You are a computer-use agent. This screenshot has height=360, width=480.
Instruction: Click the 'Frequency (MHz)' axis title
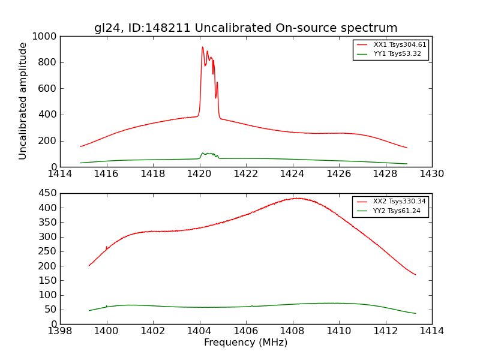coord(245,343)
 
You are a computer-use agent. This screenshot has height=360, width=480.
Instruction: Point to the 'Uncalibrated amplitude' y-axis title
coord(23,101)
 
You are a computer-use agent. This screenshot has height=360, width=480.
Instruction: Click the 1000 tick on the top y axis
coord(45,37)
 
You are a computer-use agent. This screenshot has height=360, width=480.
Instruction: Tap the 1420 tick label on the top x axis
coord(199,173)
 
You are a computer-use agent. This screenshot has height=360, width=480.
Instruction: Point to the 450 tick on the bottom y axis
coord(47,193)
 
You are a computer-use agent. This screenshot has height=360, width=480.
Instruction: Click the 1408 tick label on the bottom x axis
coord(292,331)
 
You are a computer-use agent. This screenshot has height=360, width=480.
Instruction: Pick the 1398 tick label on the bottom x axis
coord(60,331)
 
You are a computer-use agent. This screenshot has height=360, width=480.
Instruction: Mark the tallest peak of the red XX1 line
coord(202,47)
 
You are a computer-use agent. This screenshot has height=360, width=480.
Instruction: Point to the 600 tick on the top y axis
coord(47,89)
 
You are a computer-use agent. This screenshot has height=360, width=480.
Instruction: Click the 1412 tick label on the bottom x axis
coord(385,331)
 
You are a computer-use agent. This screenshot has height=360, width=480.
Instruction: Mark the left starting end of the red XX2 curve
coord(89,265)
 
